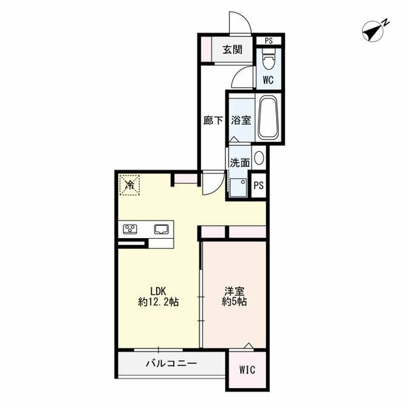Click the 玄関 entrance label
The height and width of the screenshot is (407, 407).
(x=233, y=50)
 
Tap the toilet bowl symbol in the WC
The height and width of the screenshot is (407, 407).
(x=269, y=58)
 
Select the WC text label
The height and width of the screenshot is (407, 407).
(x=268, y=80)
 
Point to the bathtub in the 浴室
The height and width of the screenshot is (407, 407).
(x=269, y=118)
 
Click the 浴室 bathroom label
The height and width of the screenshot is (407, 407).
(x=241, y=121)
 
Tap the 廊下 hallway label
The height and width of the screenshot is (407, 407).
(x=213, y=121)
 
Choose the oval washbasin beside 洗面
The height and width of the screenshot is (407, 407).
(x=259, y=158)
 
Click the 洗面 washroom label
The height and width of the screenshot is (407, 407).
(x=239, y=163)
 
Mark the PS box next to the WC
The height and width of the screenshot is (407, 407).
(x=269, y=41)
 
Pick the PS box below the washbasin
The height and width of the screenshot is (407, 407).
(x=258, y=185)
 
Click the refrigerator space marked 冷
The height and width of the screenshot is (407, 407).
(x=130, y=185)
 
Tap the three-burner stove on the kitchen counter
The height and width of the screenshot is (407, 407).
(x=130, y=229)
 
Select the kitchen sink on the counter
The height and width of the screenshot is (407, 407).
(x=161, y=229)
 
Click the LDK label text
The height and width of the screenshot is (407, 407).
(x=158, y=291)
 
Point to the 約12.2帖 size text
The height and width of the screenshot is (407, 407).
(x=158, y=302)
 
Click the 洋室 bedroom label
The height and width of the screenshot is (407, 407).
(x=235, y=291)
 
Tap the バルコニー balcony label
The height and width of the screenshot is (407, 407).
(x=172, y=364)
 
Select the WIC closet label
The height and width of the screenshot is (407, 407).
(x=247, y=370)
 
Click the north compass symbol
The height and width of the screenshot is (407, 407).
(x=375, y=31)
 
